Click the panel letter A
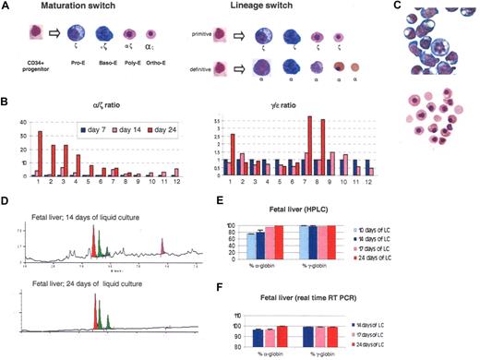tap(6, 6)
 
